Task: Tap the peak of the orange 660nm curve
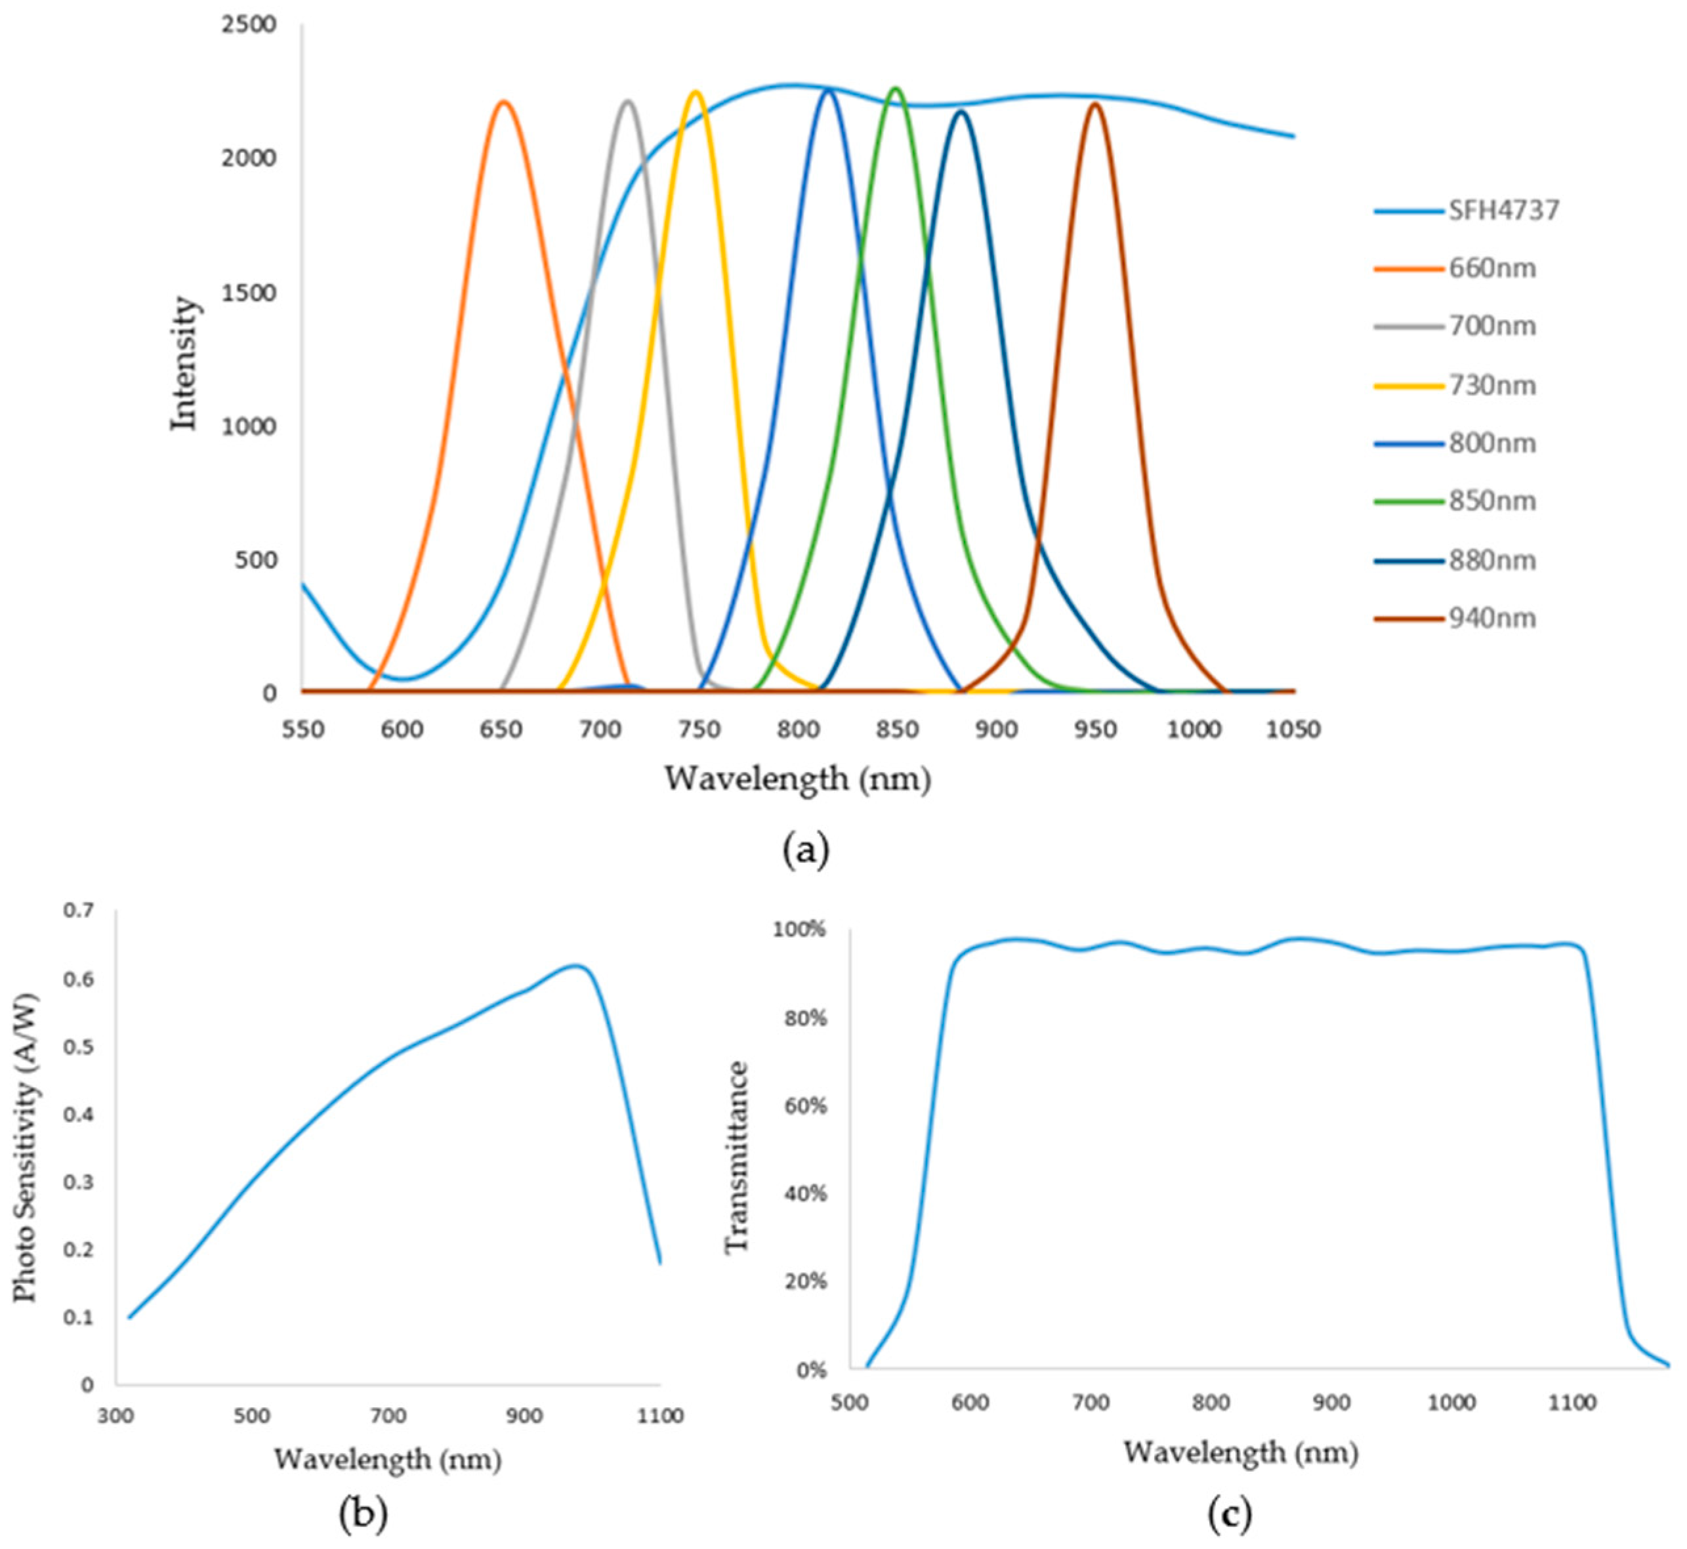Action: pos(504,102)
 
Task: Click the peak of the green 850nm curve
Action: pos(896,87)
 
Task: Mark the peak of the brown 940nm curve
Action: pos(1095,103)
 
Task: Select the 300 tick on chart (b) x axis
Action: pos(115,1416)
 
